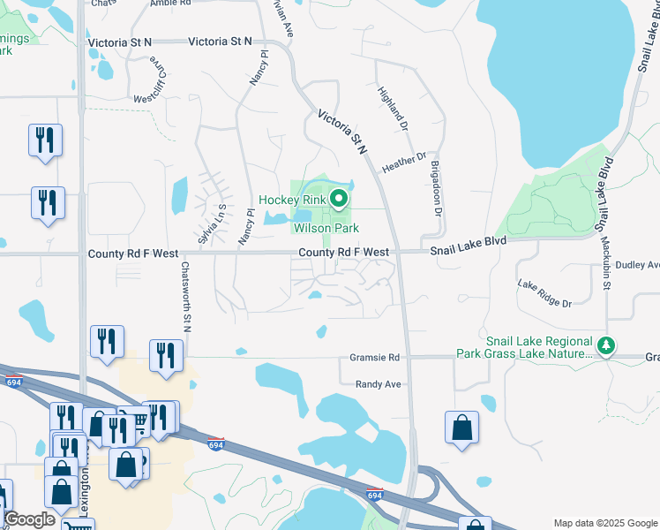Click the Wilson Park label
coord(326,229)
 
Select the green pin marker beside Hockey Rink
coord(337,200)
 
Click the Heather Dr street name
coord(404,161)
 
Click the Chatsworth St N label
coord(186,297)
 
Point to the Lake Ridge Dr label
coord(544,292)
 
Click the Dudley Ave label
coord(637,265)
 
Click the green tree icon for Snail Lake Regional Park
coord(605,345)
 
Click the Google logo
coord(30,519)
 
